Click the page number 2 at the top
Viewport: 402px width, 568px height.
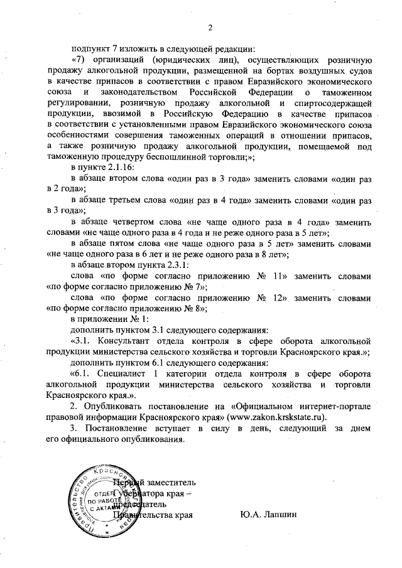210,28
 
